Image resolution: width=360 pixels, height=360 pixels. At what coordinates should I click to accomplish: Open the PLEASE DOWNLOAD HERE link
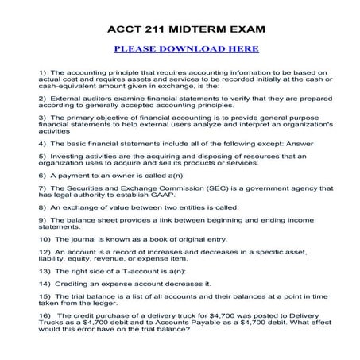186,48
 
